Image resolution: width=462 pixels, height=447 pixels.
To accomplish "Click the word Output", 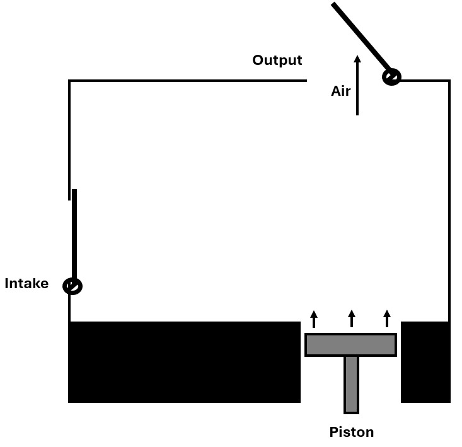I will [x=277, y=61].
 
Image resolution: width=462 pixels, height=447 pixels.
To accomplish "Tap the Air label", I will [x=340, y=91].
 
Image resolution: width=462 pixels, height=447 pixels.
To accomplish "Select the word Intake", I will [x=26, y=284].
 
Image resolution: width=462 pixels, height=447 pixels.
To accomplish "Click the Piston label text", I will [x=351, y=432].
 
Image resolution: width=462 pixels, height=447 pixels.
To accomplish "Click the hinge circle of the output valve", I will [x=391, y=78].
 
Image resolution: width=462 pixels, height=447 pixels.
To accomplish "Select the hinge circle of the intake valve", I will [x=72, y=286].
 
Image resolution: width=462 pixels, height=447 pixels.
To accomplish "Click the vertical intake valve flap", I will [x=74, y=233].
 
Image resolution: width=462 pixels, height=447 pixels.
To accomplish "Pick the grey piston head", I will [x=350, y=345].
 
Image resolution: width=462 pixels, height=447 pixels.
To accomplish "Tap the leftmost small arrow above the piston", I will [x=314, y=318].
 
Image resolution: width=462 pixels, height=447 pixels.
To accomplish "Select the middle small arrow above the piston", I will [x=352, y=318].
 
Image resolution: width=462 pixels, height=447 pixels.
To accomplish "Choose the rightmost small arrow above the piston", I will [x=387, y=318].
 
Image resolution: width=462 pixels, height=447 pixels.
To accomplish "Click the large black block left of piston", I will [x=184, y=361].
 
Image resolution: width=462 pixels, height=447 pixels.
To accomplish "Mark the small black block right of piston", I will [x=425, y=361].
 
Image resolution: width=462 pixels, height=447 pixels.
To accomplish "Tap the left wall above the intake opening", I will [x=69, y=139].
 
